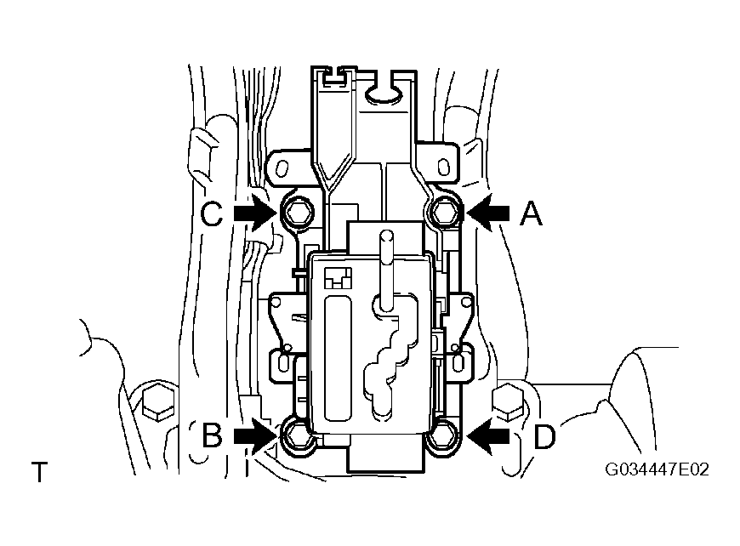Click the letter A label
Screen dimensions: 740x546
[532, 213]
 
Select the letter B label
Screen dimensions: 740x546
[212, 435]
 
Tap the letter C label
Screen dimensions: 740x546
[212, 213]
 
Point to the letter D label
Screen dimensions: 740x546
[544, 436]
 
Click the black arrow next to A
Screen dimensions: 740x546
[488, 213]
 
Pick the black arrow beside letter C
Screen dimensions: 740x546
[255, 213]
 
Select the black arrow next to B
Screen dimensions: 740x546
[255, 436]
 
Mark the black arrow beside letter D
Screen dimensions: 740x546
[488, 436]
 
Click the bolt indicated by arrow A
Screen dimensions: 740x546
[444, 212]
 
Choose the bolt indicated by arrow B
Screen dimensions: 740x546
[299, 436]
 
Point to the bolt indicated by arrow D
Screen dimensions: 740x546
[444, 436]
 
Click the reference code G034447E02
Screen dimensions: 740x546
[657, 469]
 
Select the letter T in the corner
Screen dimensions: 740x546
[40, 472]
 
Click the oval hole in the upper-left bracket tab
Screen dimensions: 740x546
[282, 168]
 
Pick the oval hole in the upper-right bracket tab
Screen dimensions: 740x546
[443, 167]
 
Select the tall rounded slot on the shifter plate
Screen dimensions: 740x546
[339, 358]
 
